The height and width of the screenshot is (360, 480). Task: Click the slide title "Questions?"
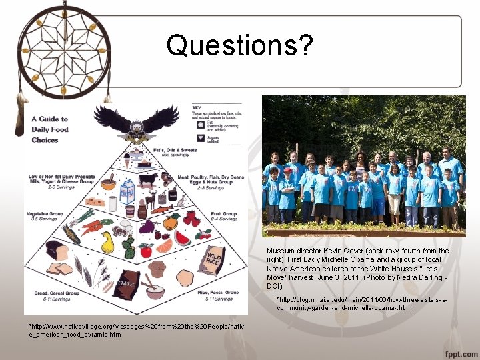click(x=239, y=45)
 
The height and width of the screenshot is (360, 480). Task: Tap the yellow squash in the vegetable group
click(x=107, y=241)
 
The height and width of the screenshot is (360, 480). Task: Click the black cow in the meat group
click(x=148, y=179)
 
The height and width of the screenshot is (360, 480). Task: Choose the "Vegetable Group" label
click(x=45, y=214)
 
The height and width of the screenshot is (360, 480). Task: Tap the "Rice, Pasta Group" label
click(x=223, y=292)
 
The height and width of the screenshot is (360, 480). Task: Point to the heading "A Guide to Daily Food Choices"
click(x=50, y=129)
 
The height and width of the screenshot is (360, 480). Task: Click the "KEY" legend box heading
click(x=197, y=107)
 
